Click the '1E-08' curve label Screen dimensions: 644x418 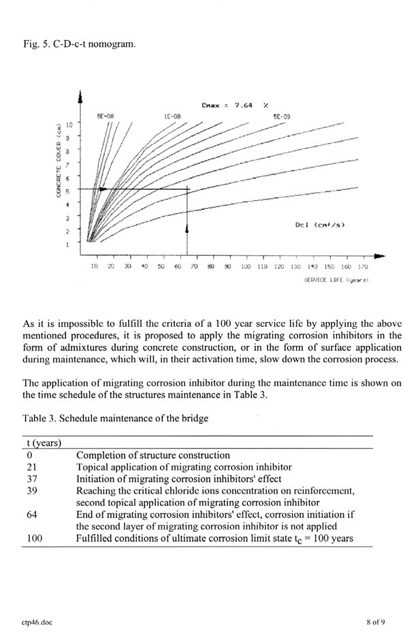(x=172, y=117)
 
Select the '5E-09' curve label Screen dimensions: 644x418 (x=281, y=117)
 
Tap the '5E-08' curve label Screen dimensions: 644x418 (x=104, y=117)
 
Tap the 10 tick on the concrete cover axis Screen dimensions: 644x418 (x=69, y=126)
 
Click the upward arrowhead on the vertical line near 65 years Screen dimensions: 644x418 (x=187, y=230)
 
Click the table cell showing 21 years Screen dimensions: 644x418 (x=27, y=467)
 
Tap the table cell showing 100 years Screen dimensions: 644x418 (x=29, y=538)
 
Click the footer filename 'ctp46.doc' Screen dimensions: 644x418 (x=35, y=621)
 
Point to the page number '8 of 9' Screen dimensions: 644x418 (x=375, y=621)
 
